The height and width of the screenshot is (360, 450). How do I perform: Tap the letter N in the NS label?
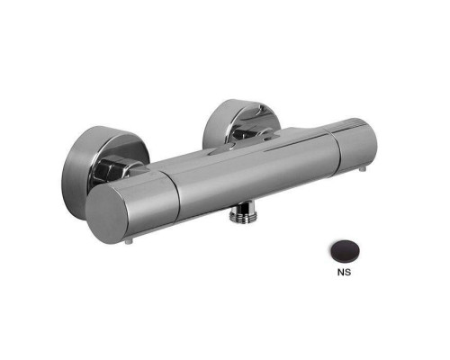[340, 272]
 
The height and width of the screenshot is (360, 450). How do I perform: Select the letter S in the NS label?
[347, 272]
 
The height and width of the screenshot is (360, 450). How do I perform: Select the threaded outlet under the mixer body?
[241, 213]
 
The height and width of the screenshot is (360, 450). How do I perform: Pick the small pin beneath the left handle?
[129, 241]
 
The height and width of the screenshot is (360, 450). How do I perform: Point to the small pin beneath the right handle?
[363, 169]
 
